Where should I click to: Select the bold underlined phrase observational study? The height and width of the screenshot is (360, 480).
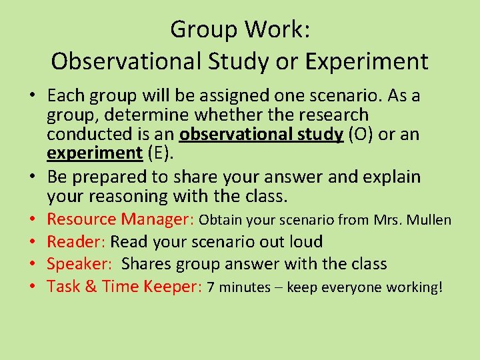click(x=261, y=134)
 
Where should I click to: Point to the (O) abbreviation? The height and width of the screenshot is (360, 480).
click(x=361, y=134)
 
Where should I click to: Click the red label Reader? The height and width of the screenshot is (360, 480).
click(x=75, y=241)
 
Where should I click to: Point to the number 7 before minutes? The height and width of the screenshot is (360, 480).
click(x=211, y=287)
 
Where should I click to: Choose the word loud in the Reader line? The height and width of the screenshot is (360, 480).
click(x=303, y=242)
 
